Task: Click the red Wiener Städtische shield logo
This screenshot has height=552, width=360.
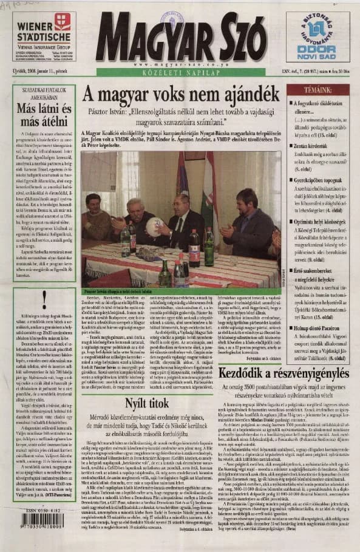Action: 62,22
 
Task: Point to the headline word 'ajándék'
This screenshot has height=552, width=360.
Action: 243,94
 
